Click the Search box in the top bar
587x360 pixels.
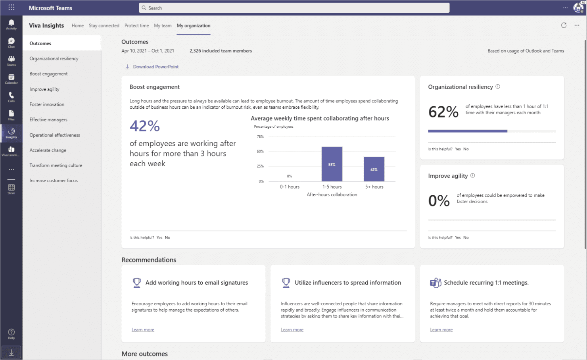(294, 8)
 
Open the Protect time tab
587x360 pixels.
(136, 26)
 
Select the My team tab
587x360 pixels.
(163, 26)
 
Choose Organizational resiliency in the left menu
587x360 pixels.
(54, 59)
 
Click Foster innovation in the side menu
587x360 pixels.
(47, 104)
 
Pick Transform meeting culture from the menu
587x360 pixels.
(56, 166)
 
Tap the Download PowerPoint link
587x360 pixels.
(155, 67)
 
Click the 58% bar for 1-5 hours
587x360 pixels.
(332, 164)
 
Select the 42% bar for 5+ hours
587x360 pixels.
(374, 169)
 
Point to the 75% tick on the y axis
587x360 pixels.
(260, 137)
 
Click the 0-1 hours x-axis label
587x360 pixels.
(290, 187)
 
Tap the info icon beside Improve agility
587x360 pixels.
(472, 175)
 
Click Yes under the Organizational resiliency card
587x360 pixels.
(458, 149)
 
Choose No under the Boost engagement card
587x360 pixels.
(167, 238)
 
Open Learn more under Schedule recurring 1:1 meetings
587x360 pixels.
(441, 330)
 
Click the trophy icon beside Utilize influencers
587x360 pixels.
(286, 283)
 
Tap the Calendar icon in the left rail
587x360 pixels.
(11, 79)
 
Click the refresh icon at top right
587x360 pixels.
(564, 25)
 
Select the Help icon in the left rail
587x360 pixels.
(11, 333)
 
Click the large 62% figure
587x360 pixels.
(443, 112)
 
